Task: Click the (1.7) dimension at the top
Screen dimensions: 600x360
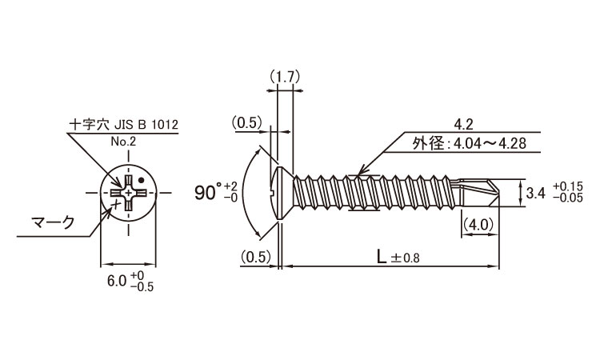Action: click(284, 77)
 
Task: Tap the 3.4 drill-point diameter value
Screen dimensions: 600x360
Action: click(535, 193)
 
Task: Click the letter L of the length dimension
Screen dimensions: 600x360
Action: click(381, 257)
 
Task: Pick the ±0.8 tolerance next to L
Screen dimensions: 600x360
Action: click(405, 258)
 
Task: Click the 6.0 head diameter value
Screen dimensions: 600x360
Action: click(117, 281)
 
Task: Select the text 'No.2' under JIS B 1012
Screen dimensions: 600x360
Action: click(123, 142)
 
